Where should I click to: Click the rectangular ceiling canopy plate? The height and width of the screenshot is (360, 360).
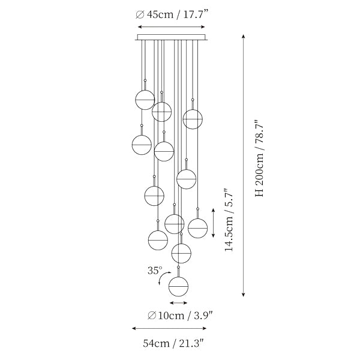[x=172, y=37]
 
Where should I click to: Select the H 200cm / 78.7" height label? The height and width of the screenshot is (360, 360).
[x=260, y=158]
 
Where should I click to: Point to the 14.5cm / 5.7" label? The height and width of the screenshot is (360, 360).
[x=229, y=220]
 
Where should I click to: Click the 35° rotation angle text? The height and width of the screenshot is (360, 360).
[x=155, y=271]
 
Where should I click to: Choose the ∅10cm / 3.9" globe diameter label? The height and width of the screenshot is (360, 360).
[x=180, y=316]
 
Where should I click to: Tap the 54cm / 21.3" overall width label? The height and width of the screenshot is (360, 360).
[x=173, y=343]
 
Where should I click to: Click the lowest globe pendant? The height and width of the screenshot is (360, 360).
[x=178, y=287]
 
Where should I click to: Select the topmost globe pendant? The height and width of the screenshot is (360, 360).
[x=145, y=100]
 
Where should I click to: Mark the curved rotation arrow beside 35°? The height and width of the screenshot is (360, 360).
[x=161, y=276]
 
